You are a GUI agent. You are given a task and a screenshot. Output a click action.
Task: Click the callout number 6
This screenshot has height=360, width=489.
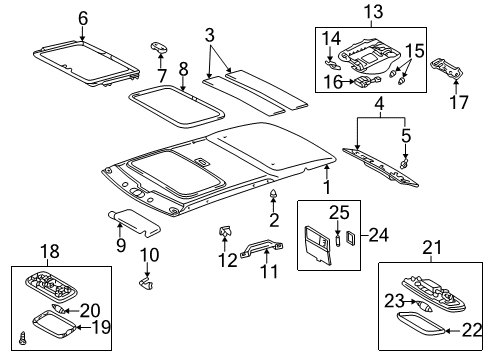pos(82,17)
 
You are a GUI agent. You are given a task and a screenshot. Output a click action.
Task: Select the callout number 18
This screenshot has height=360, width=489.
pos(46,251)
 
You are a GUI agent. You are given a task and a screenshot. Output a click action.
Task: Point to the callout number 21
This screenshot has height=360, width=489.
pos(431,248)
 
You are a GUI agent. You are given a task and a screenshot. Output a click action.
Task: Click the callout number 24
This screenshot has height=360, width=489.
pos(375,236)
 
